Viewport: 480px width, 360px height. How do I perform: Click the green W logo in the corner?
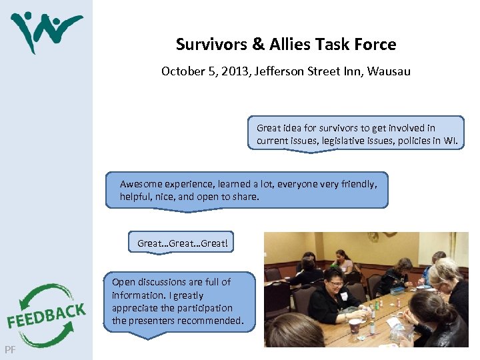point(45,30)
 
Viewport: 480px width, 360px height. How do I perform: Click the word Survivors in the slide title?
point(211,45)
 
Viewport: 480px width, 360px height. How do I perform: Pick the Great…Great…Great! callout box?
point(182,243)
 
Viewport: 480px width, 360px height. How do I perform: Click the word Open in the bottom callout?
point(123,282)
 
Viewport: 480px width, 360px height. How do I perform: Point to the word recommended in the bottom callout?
point(211,321)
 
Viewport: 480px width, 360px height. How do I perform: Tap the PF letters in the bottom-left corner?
point(10,349)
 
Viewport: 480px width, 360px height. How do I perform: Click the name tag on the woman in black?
point(344,296)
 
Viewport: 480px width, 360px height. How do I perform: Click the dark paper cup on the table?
point(355,325)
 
